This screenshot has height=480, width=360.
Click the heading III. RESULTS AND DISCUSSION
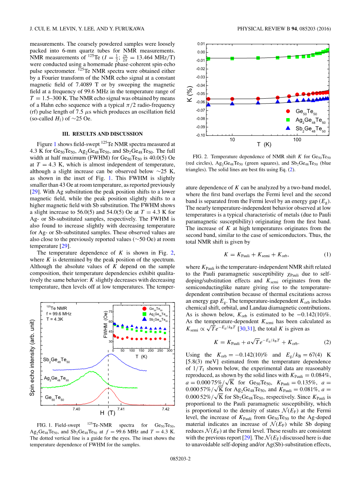(102, 134)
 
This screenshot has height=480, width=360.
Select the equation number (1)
(327, 254)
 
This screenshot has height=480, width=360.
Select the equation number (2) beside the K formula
(327, 342)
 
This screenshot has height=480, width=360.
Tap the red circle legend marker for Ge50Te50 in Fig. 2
(288, 111)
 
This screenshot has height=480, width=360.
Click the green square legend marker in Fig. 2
(288, 120)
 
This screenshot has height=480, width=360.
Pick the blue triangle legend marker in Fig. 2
(288, 128)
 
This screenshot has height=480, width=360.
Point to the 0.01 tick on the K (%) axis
(201, 44)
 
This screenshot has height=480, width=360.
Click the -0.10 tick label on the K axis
(200, 135)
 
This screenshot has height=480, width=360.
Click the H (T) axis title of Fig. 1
(108, 413)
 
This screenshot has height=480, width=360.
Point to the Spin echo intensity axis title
(33, 357)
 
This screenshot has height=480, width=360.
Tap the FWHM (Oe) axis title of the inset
(106, 324)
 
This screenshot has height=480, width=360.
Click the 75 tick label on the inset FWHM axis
(111, 312)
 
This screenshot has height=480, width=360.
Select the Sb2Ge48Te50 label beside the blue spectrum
(56, 360)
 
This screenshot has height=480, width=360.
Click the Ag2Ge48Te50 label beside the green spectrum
(56, 379)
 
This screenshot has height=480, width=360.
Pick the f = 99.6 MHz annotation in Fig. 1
(59, 314)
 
